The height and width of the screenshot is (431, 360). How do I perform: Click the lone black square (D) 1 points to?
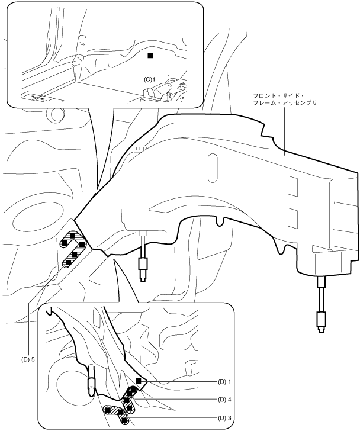click(138, 381)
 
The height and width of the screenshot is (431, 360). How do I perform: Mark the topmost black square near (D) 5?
click(72, 236)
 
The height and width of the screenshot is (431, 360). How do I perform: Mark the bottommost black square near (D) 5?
click(68, 262)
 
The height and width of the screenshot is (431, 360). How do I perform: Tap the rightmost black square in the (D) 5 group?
click(82, 244)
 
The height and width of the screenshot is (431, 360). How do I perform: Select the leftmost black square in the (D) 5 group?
click(64, 242)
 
